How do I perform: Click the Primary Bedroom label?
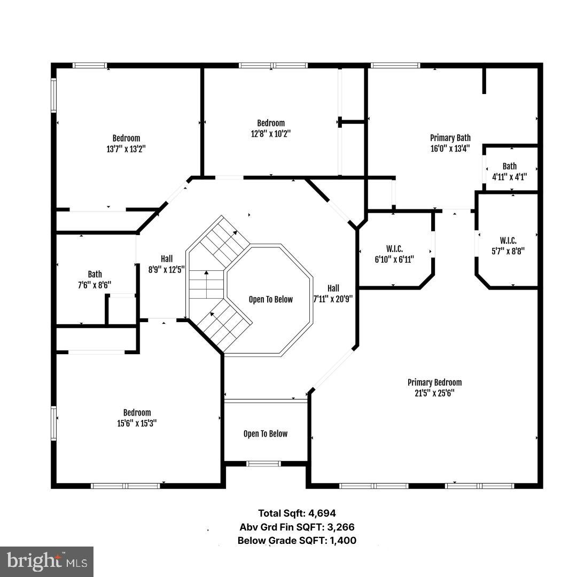(x=434, y=383)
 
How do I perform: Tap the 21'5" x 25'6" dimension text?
(x=434, y=393)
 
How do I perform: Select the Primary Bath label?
(x=450, y=138)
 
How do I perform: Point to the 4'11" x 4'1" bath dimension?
(x=509, y=177)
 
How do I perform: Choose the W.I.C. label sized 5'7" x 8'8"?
(x=508, y=240)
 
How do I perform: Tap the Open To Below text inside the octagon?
(x=270, y=299)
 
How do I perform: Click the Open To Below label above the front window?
(x=265, y=434)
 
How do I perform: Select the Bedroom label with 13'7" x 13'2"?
(x=126, y=138)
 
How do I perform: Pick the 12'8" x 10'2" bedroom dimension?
(x=271, y=134)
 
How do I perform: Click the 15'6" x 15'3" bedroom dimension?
(x=137, y=423)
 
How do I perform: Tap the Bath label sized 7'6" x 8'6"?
(x=95, y=274)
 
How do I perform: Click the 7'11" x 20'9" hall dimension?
(x=333, y=299)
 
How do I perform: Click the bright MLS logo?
(x=46, y=562)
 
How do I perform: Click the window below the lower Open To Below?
(x=264, y=463)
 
